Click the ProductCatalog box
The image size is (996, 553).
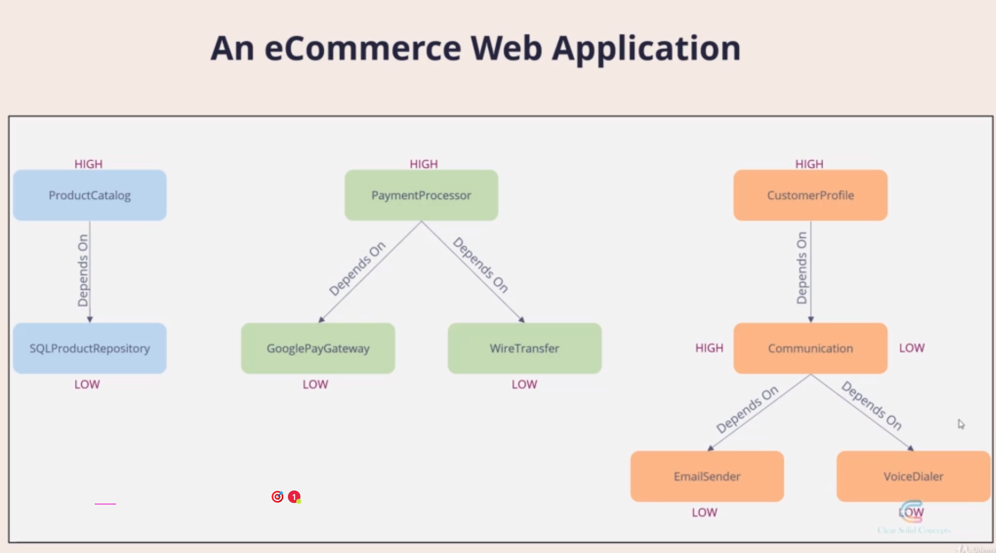[x=90, y=195]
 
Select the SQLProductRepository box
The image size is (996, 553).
[x=90, y=348]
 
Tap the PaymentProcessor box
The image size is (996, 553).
[x=421, y=195]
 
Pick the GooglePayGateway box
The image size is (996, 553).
[x=318, y=348]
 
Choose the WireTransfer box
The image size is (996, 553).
[x=524, y=348]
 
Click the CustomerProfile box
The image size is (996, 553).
[x=810, y=195]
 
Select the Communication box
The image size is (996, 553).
[x=810, y=348]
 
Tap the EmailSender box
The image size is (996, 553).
[x=707, y=476]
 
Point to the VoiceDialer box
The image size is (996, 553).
[x=913, y=476]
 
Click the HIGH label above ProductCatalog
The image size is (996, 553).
[x=89, y=164]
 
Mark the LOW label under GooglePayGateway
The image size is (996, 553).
[x=316, y=384]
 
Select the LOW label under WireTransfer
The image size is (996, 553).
[x=524, y=384]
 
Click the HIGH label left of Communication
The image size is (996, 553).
[x=709, y=348]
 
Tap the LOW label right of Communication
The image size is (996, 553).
[x=912, y=348]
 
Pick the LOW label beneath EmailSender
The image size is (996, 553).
[x=704, y=512]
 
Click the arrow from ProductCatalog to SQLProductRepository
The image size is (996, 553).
[x=90, y=271]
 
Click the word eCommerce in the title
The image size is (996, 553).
[x=363, y=48]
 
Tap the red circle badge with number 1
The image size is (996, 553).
[x=294, y=497]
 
